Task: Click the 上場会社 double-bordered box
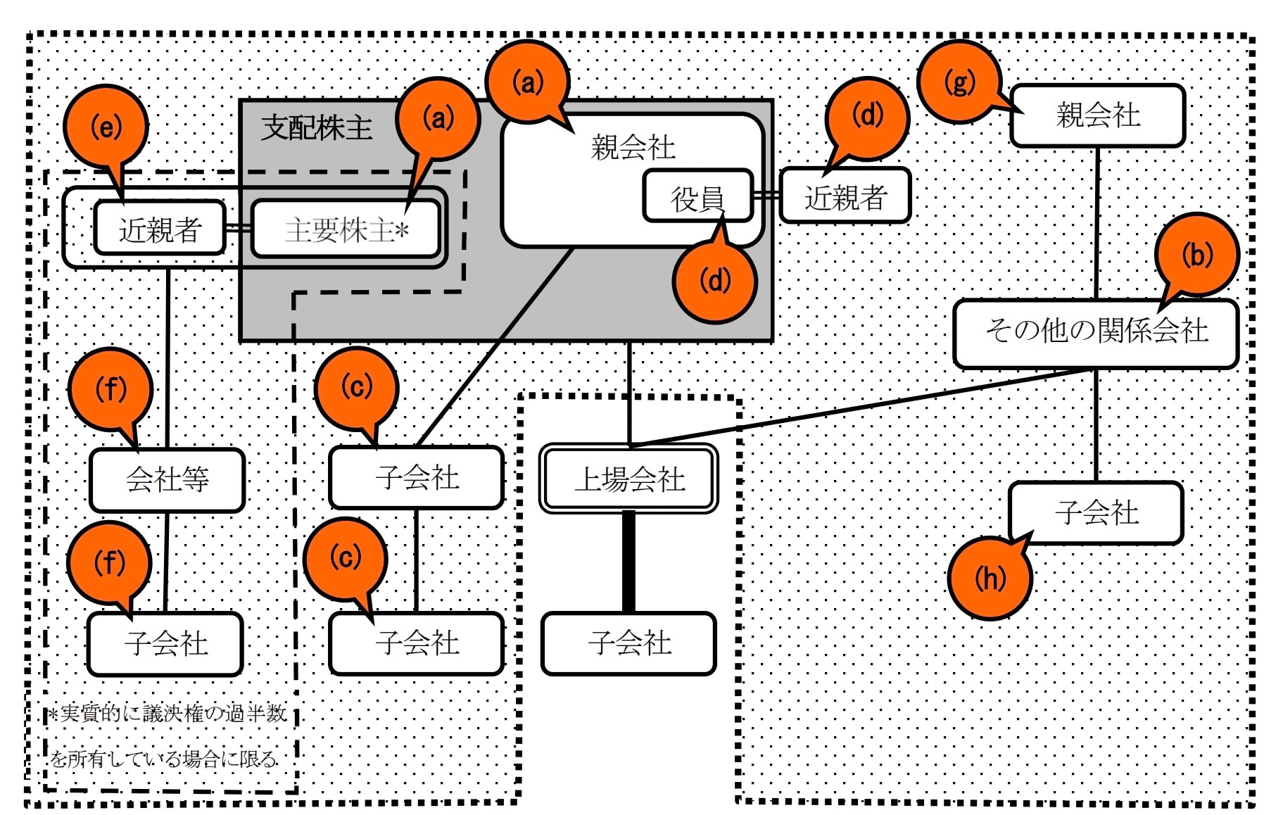(x=628, y=479)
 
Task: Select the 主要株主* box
(x=346, y=229)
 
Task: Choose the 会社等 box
(x=167, y=480)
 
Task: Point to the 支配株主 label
(x=317, y=127)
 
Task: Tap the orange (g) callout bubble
(x=959, y=82)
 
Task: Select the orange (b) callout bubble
(x=1196, y=255)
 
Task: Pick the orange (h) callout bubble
(x=989, y=579)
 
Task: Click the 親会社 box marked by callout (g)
(x=1097, y=115)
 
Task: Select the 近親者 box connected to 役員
(x=845, y=196)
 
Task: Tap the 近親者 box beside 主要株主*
(x=160, y=229)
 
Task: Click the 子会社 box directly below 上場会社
(x=628, y=643)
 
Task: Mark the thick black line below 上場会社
(x=628, y=561)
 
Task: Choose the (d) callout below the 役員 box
(x=714, y=282)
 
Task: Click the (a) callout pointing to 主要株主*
(x=438, y=118)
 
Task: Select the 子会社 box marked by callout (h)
(x=1095, y=512)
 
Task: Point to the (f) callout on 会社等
(x=110, y=389)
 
